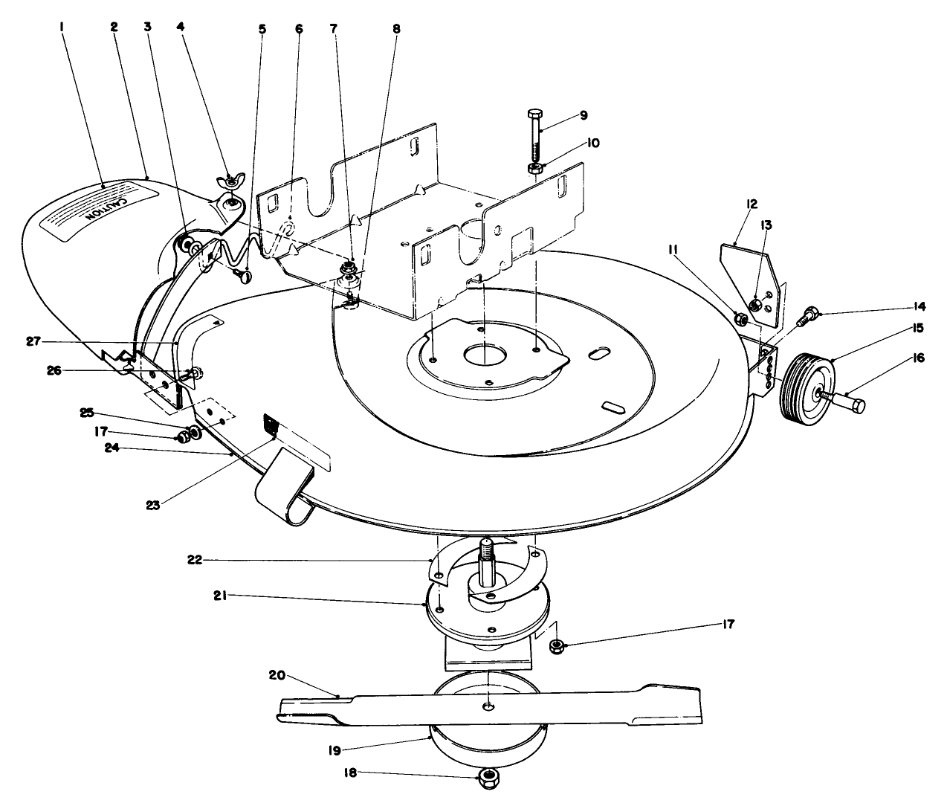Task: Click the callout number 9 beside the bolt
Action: (584, 115)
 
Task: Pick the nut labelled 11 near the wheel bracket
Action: (741, 319)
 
